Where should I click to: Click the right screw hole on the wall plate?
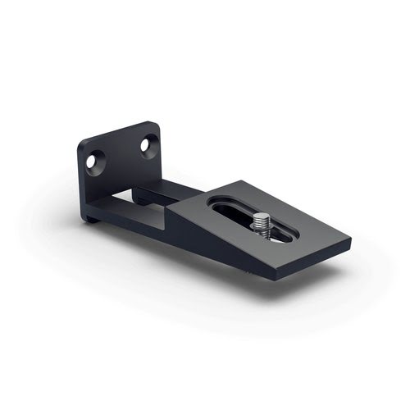click(x=145, y=145)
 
